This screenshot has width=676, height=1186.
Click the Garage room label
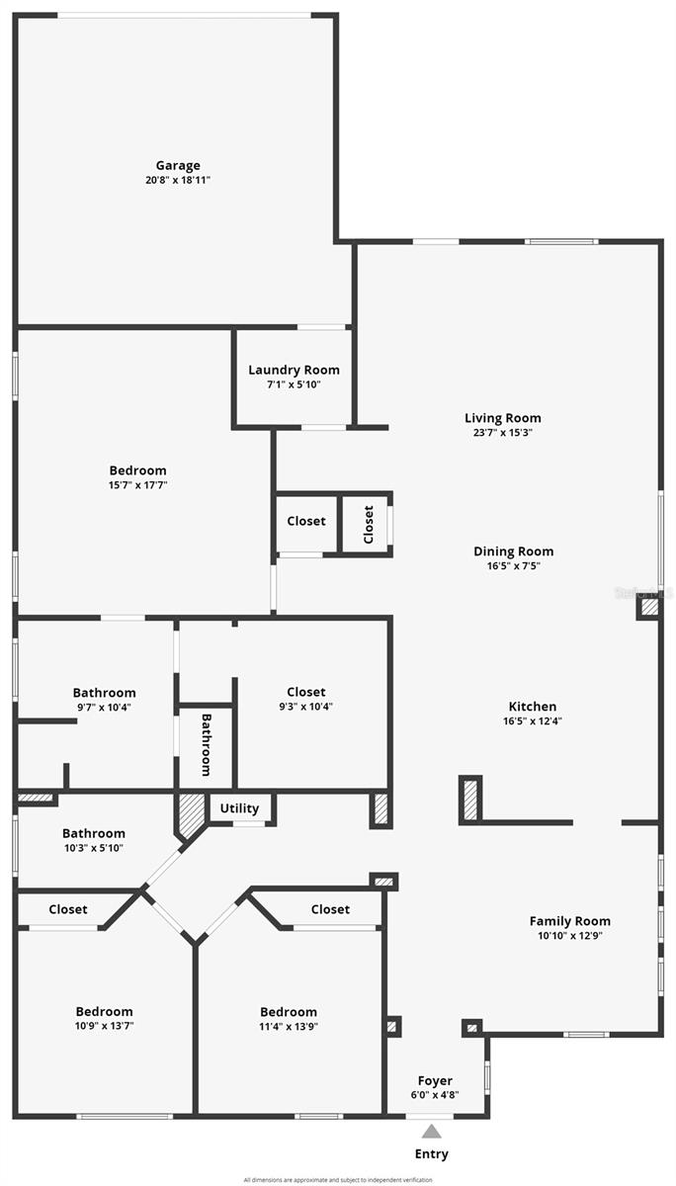click(x=178, y=166)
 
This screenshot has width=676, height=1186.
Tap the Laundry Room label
click(x=294, y=371)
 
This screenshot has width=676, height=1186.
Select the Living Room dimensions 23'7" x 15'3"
click(x=503, y=433)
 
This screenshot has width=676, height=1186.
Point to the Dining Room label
click(x=513, y=551)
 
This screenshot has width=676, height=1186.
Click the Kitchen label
click(x=533, y=707)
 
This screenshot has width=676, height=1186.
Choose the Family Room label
click(x=569, y=921)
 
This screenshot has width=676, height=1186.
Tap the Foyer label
click(x=435, y=1081)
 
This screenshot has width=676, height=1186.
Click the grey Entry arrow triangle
click(x=432, y=1132)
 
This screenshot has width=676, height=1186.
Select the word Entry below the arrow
click(x=432, y=1153)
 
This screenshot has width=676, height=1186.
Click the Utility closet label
click(x=239, y=808)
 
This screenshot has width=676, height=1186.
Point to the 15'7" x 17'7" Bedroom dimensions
click(x=137, y=485)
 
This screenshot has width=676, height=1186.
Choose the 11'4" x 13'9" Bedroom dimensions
click(x=289, y=1026)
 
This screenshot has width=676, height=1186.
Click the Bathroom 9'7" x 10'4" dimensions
click(x=104, y=707)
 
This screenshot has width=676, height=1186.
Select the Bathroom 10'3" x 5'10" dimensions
click(x=94, y=848)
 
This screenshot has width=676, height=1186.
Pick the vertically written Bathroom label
click(x=207, y=744)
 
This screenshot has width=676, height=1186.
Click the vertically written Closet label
click(x=369, y=525)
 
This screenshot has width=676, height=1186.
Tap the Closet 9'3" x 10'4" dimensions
click(x=306, y=707)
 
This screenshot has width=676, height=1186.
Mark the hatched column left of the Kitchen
click(x=471, y=800)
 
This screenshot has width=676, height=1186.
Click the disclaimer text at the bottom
click(x=338, y=1180)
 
